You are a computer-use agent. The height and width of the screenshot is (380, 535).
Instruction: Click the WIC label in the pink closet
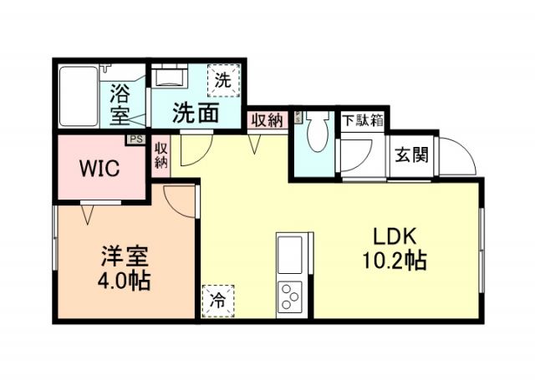pos(99,167)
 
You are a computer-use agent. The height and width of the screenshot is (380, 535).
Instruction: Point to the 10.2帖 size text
pos(395,261)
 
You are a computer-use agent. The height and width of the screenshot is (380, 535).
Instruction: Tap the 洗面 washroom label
pos(196,112)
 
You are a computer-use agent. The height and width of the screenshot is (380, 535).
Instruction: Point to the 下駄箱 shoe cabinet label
pos(361,119)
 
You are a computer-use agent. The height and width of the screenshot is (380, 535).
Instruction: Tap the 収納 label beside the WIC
pos(160,156)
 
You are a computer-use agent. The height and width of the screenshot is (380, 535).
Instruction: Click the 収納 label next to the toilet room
pos(267,119)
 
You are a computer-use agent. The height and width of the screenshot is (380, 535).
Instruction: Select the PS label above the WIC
pos(133,139)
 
